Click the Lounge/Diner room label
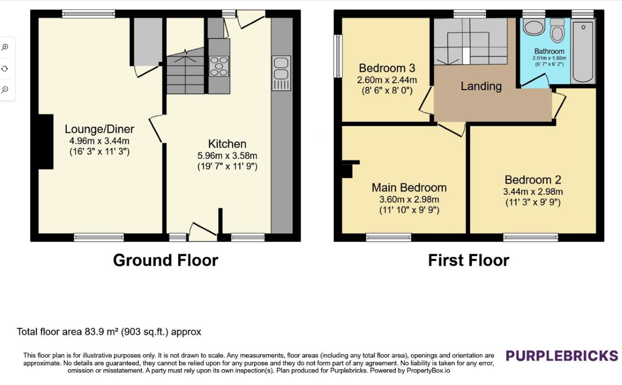point(99,129)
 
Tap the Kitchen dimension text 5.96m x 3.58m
point(227,155)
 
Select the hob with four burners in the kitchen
point(219,66)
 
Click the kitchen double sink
point(281,73)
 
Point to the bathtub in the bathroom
point(583,51)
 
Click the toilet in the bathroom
point(557,31)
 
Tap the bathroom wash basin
point(534,27)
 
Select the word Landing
point(481,86)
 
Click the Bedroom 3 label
point(387,68)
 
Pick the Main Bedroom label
point(409,188)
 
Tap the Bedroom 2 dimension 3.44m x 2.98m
point(533,192)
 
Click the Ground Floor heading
point(166,260)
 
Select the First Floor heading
point(469,260)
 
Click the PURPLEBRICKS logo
point(562,356)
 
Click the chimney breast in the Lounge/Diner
point(46,141)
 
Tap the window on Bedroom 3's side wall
point(338,56)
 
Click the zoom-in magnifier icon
point(5,47)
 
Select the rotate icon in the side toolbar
point(4,68)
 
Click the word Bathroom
point(549,51)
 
